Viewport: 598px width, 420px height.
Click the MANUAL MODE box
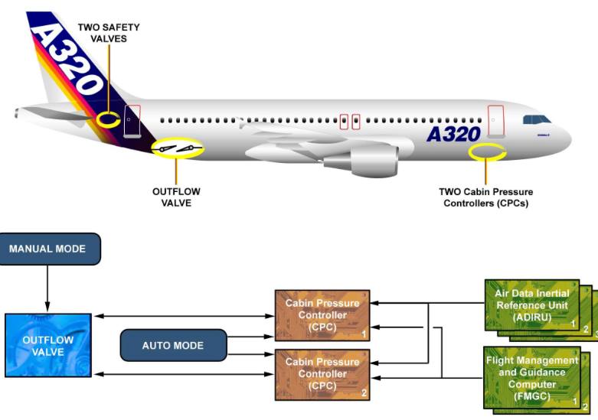pyautogui.click(x=51, y=249)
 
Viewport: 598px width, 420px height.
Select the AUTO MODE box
pyautogui.click(x=173, y=346)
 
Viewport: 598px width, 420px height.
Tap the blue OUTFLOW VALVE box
pyautogui.click(x=47, y=346)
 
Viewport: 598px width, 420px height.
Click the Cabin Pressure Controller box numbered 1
pyautogui.click(x=322, y=314)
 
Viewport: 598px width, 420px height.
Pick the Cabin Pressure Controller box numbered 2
pyautogui.click(x=322, y=374)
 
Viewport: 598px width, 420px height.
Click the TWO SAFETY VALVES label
pyautogui.click(x=108, y=31)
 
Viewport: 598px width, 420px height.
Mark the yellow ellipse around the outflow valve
pyautogui.click(x=178, y=148)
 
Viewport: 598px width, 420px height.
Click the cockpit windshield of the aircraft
pyautogui.click(x=536, y=119)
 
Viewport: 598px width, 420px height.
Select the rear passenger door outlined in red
pyautogui.click(x=132, y=121)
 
